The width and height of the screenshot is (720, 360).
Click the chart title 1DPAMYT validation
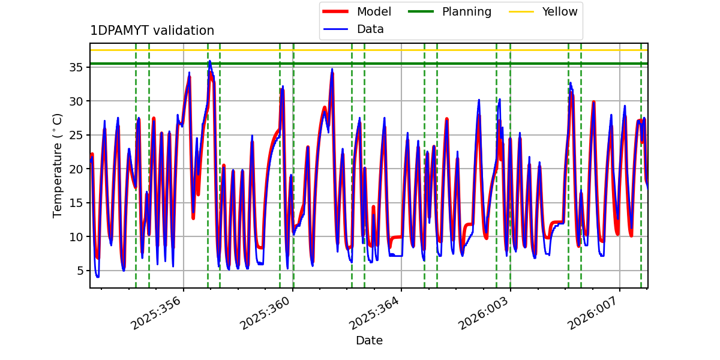(152, 31)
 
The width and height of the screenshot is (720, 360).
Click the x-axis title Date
(369, 341)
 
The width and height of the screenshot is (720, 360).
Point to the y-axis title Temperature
(58, 165)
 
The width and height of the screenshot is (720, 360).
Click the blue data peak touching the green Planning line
(209, 61)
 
